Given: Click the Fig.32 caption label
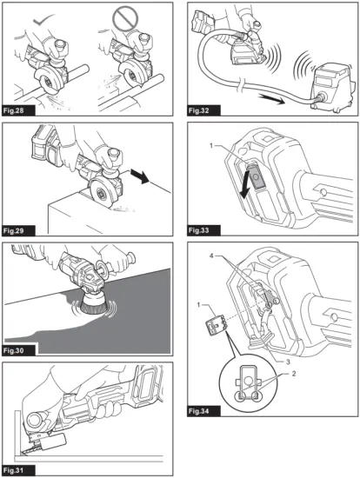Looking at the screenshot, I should click(x=203, y=112).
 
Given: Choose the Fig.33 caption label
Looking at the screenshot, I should click(x=203, y=232).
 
